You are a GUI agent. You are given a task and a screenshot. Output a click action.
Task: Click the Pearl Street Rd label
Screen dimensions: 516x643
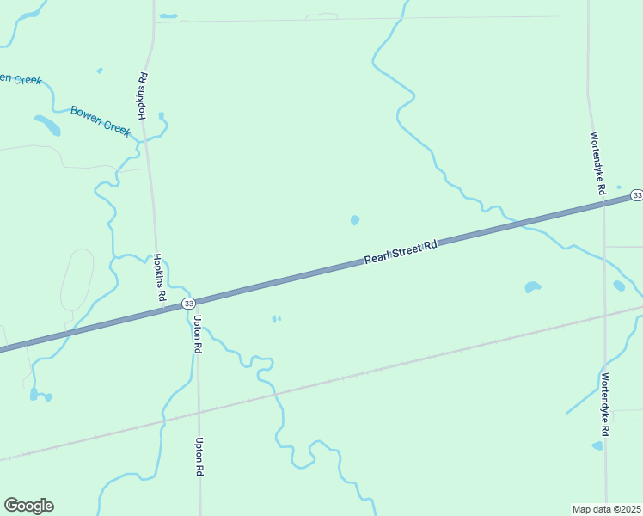tap(401, 251)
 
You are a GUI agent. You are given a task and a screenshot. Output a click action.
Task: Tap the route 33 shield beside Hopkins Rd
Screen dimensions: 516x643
tap(189, 304)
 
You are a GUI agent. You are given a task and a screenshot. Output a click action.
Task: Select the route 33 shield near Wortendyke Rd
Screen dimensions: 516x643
tap(636, 195)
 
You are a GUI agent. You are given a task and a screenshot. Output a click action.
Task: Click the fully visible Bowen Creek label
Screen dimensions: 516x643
tap(100, 120)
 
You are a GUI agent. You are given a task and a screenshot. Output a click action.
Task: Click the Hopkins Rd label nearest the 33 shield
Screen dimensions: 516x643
tap(160, 276)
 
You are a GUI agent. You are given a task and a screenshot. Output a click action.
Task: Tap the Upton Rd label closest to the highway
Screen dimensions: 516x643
tap(198, 335)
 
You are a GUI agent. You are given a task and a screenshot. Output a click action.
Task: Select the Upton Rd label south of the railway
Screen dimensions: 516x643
tap(199, 458)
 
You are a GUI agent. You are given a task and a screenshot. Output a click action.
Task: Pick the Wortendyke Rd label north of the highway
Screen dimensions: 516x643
tap(598, 161)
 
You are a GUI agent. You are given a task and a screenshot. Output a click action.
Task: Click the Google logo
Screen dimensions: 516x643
tap(28, 506)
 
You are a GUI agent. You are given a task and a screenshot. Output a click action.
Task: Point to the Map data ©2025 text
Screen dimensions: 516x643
tap(607, 508)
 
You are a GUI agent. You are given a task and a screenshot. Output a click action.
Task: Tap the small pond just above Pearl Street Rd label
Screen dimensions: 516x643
tap(355, 220)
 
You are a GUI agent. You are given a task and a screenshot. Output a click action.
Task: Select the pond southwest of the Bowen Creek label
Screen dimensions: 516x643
tap(48, 126)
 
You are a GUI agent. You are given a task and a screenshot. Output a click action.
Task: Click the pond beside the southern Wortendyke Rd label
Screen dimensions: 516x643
tap(597, 445)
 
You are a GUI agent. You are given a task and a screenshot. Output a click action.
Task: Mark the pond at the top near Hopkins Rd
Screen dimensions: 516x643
tap(168, 15)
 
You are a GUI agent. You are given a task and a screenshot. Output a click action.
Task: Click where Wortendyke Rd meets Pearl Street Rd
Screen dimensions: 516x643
tap(603, 202)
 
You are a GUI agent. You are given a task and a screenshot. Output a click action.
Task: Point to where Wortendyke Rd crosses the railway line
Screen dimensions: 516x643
tap(605, 314)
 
